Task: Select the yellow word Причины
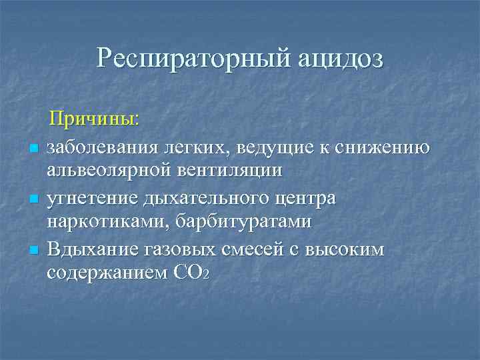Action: point(97,119)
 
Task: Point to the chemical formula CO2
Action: point(193,273)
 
